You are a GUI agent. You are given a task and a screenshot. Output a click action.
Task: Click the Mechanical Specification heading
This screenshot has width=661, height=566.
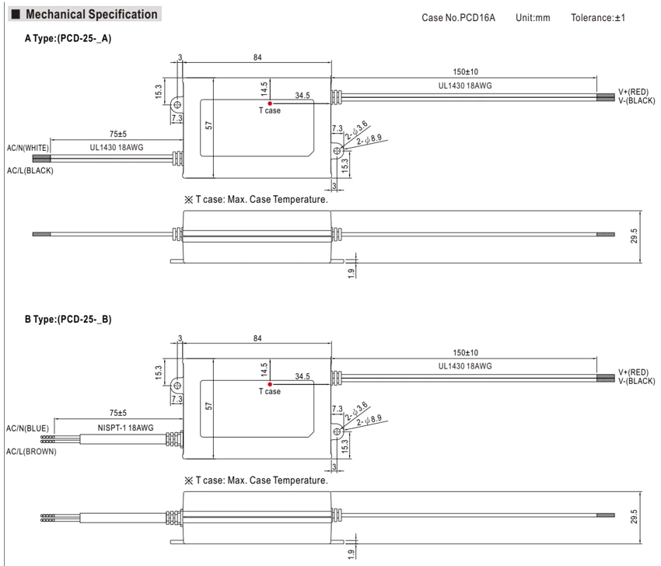coord(92,14)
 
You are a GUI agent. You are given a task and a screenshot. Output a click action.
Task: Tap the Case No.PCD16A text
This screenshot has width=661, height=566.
coord(458,18)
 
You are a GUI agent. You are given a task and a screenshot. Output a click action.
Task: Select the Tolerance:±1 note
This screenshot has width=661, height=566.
coord(598,18)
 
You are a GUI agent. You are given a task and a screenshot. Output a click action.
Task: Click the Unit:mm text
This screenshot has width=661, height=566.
coord(533,18)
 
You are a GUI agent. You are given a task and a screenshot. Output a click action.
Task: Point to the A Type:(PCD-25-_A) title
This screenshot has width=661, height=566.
coord(68,38)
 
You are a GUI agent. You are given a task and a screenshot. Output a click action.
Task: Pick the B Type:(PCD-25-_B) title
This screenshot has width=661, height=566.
coord(68,319)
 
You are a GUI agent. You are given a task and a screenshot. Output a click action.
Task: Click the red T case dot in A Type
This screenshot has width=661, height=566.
coord(270,103)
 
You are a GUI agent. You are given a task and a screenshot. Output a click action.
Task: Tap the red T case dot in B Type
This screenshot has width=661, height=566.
coord(270,384)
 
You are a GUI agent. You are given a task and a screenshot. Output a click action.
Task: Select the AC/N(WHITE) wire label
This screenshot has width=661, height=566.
coord(28,148)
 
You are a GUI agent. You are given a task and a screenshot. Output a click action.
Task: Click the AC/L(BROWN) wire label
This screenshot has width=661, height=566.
coord(31,452)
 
